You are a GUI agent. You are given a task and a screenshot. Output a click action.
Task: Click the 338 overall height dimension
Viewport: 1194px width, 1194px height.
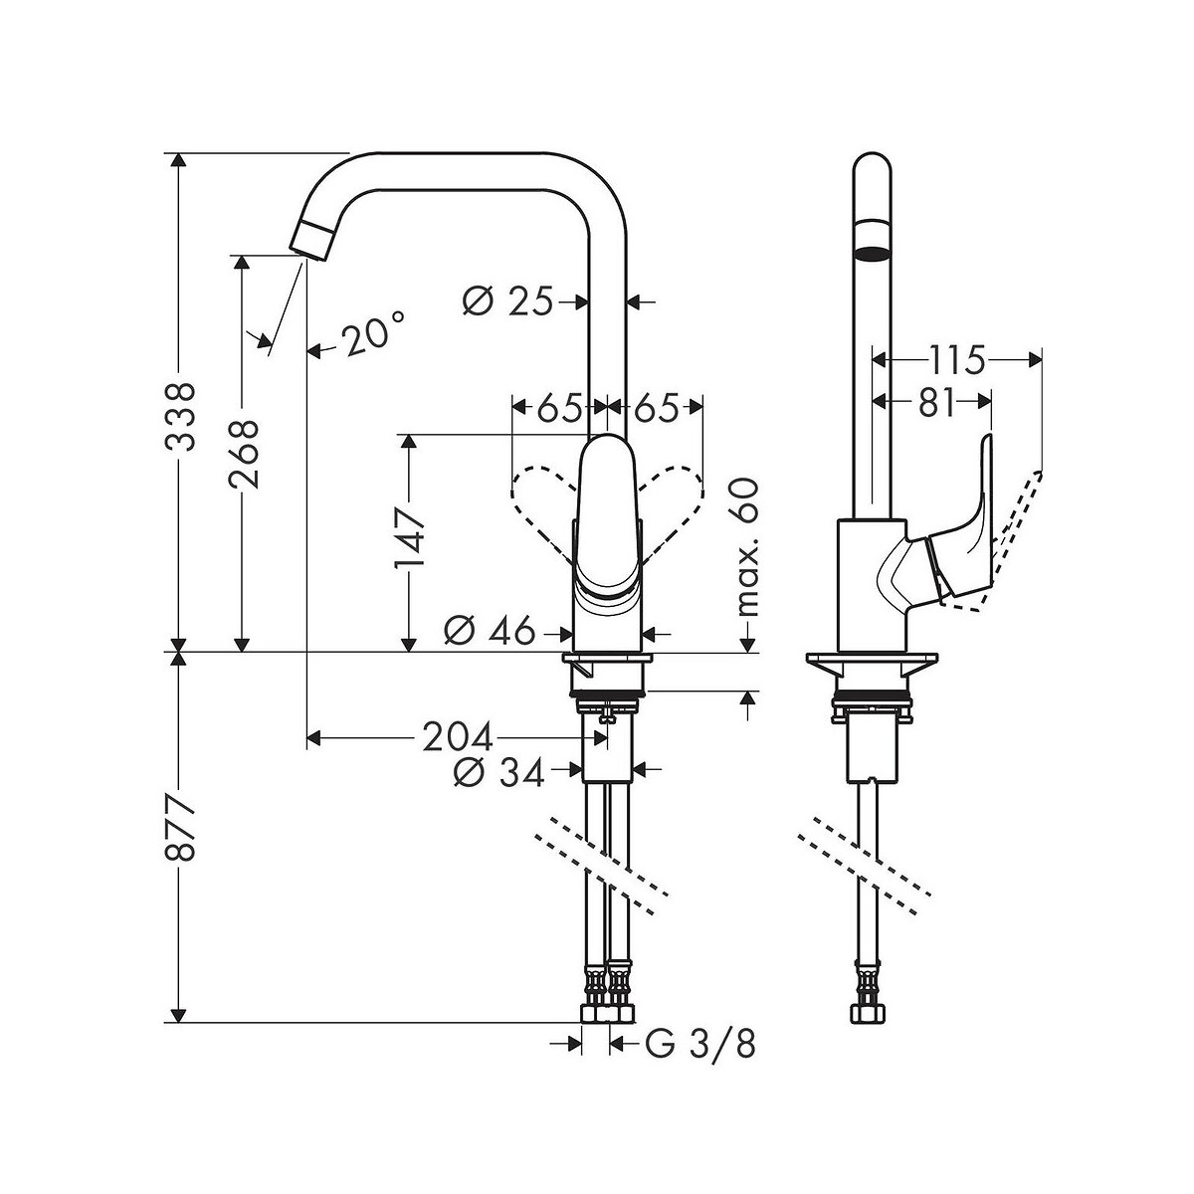point(181,416)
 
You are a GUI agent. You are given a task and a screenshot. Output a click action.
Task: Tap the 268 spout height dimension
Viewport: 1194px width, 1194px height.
point(244,454)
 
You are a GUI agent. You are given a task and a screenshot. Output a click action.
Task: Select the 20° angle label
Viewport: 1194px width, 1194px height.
point(375,334)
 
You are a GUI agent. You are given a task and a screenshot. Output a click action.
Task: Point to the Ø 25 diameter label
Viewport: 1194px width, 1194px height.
point(507,302)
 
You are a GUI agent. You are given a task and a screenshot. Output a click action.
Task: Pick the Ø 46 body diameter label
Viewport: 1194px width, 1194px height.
point(490,633)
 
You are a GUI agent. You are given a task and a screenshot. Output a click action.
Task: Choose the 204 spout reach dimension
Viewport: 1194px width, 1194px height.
point(458,737)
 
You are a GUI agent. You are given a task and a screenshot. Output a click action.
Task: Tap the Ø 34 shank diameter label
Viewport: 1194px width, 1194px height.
point(498,773)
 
